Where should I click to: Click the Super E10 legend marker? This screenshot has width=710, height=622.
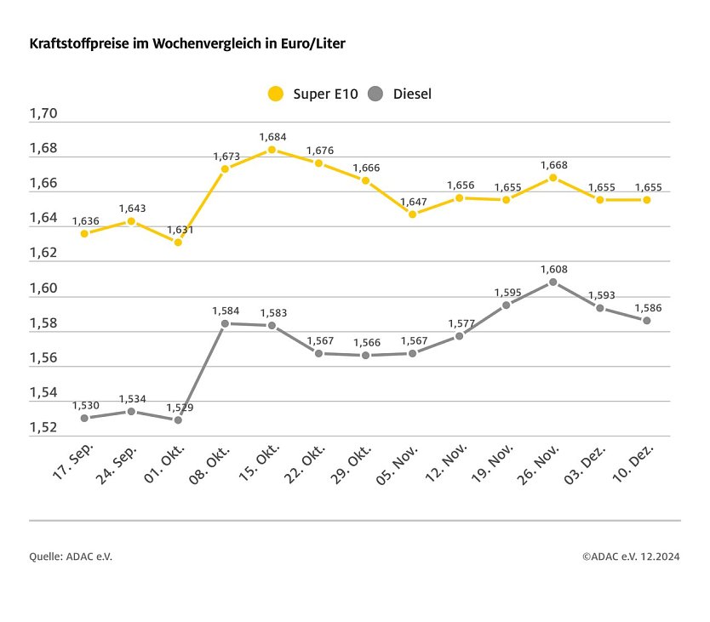pos(275,94)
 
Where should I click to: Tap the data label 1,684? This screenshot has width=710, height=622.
pos(272,136)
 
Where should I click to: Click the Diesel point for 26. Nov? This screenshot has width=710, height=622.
pos(553,282)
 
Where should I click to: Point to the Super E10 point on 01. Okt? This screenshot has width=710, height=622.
pos(178,243)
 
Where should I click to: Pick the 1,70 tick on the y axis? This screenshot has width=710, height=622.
pos(43,114)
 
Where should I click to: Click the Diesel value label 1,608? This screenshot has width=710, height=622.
pos(553,269)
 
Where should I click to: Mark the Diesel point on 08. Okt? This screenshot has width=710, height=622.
pos(225,323)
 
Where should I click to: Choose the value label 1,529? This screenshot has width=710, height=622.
pos(179,408)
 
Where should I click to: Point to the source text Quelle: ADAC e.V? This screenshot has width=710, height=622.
pos(71,556)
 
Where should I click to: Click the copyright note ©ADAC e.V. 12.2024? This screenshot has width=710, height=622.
pos(631,556)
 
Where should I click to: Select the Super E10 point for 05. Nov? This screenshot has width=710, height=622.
pos(413,214)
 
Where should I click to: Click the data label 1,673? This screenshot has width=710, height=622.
pos(226,156)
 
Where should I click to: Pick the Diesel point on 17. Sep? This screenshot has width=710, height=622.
pos(84,418)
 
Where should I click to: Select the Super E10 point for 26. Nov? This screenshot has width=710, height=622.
pos(553,178)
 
